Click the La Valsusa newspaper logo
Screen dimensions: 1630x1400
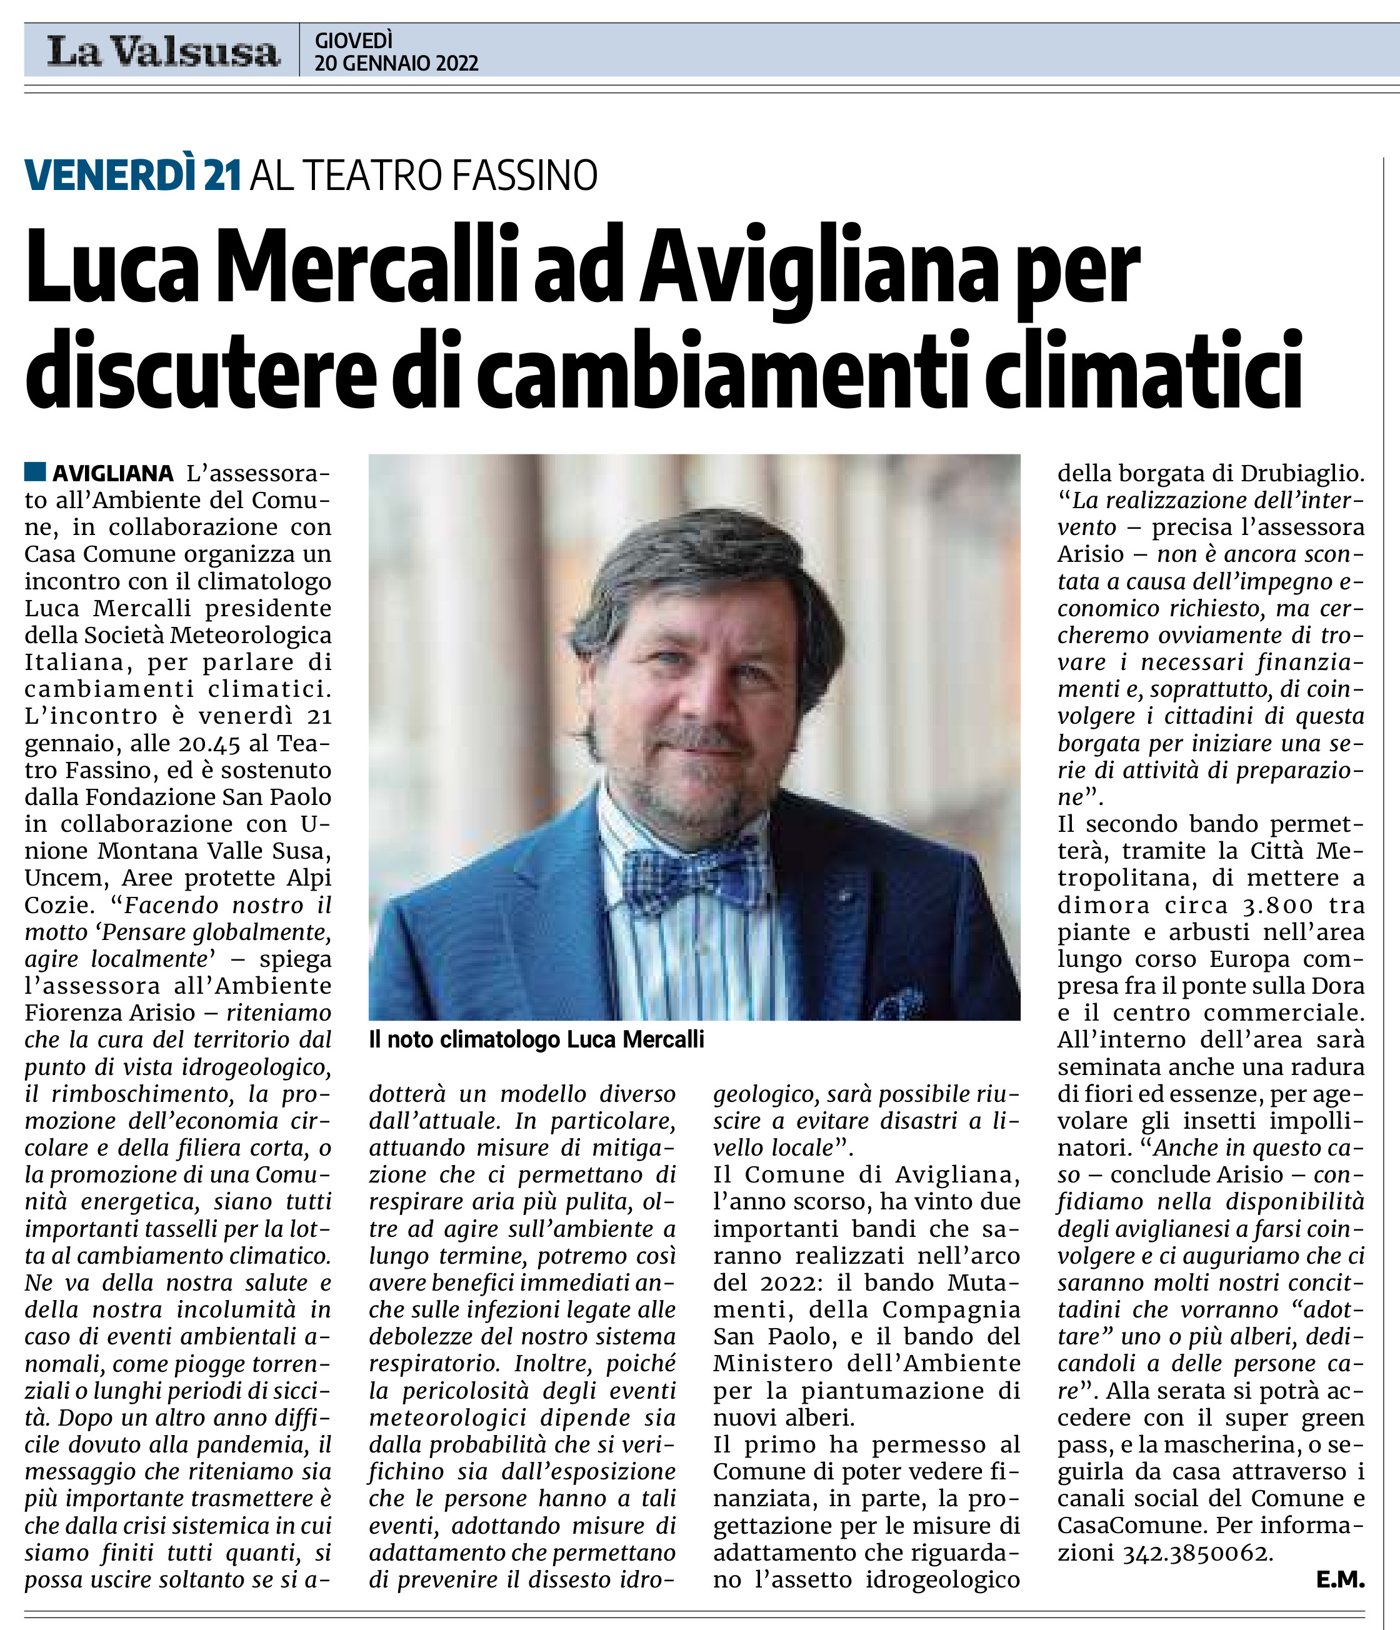[x=162, y=52]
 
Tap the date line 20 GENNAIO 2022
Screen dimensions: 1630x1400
[x=396, y=64]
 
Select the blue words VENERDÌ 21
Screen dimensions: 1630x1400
[x=132, y=176]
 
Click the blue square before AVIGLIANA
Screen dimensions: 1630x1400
[x=34, y=472]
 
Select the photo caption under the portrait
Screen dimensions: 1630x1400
[x=536, y=1040]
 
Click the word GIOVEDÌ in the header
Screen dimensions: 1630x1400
[x=353, y=40]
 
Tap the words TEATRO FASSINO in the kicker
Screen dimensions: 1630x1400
[x=451, y=176]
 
